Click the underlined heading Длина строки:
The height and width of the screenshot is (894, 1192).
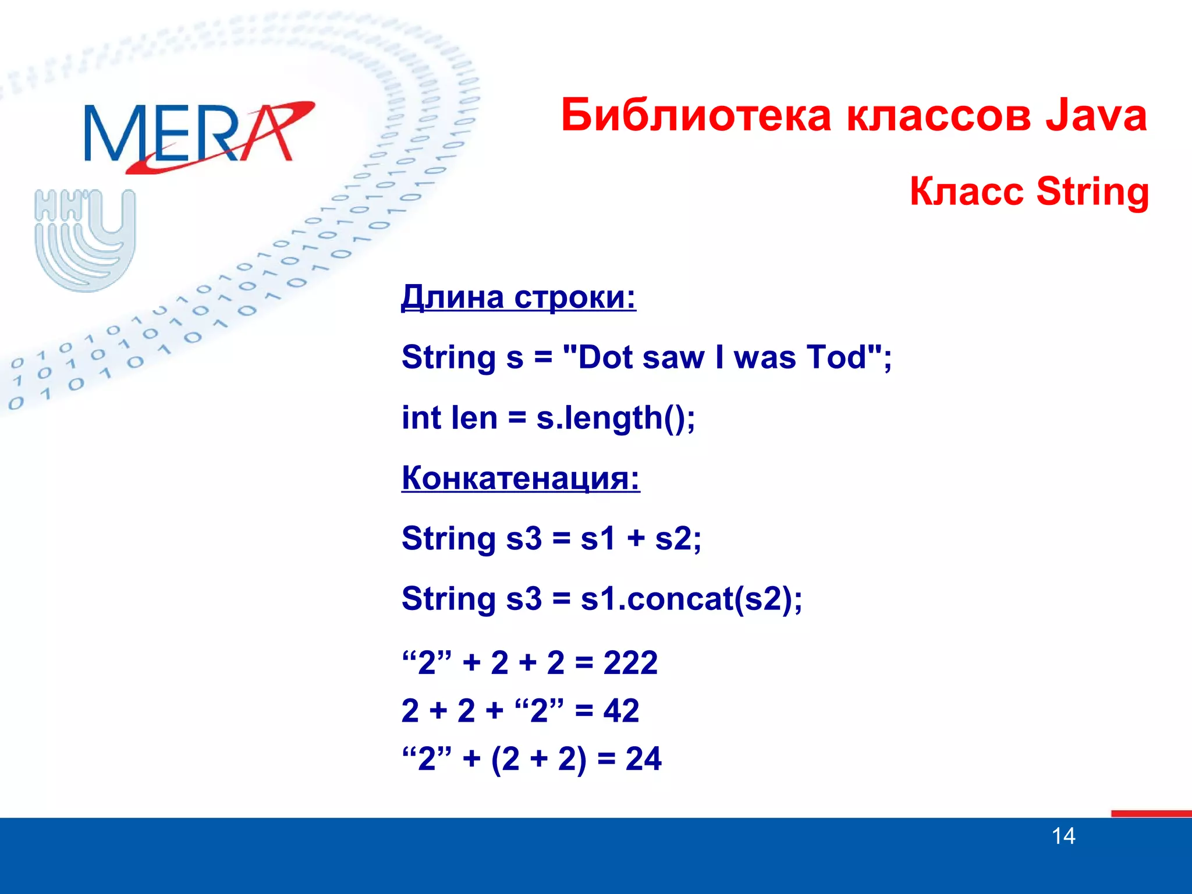pyautogui.click(x=518, y=297)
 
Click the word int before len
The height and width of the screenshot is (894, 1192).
pyautogui.click(x=421, y=418)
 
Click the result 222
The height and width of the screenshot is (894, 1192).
pyautogui.click(x=630, y=662)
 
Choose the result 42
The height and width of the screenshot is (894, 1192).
pyautogui.click(x=621, y=711)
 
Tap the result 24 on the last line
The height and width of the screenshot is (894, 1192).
pyautogui.click(x=643, y=758)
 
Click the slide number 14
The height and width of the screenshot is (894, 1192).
pyautogui.click(x=1063, y=836)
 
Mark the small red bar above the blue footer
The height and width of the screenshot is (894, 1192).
pyautogui.click(x=1151, y=813)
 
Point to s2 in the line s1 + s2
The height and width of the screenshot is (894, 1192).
pyautogui.click(x=673, y=538)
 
